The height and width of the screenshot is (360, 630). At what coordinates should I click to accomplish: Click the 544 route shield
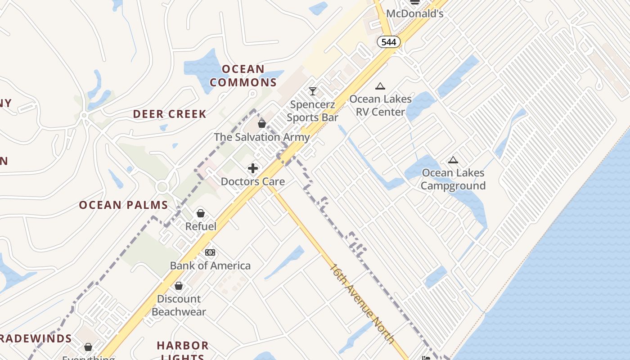[388, 42]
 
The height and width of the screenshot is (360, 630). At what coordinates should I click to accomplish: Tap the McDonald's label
[414, 13]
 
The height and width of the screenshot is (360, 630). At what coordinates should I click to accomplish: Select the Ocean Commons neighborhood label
[243, 76]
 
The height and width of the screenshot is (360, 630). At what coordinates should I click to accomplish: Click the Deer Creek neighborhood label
[170, 114]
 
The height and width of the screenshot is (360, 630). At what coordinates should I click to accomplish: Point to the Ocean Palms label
[123, 205]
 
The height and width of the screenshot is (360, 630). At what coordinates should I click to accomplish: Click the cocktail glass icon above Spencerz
[313, 91]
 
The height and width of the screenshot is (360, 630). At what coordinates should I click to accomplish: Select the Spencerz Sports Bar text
[313, 111]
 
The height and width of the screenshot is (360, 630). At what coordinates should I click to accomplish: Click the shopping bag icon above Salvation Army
[262, 124]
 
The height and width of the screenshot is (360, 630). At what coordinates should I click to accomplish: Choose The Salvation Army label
[262, 137]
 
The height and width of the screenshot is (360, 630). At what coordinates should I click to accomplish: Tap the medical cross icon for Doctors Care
[253, 168]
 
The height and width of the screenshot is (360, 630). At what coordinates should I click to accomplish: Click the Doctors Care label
[253, 182]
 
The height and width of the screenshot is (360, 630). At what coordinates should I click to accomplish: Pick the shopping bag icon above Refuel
[201, 213]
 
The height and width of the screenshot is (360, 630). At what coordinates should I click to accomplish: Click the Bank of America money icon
[210, 252]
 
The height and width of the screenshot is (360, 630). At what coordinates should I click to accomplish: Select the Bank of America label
[210, 265]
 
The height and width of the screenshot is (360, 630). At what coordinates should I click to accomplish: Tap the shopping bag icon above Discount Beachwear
[179, 286]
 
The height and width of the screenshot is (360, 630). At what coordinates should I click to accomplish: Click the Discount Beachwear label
[179, 305]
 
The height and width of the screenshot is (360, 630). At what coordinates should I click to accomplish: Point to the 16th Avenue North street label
[362, 304]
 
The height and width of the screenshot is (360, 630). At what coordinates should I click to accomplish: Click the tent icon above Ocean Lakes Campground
[453, 160]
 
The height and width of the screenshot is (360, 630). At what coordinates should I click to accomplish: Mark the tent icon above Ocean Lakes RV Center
[380, 86]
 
